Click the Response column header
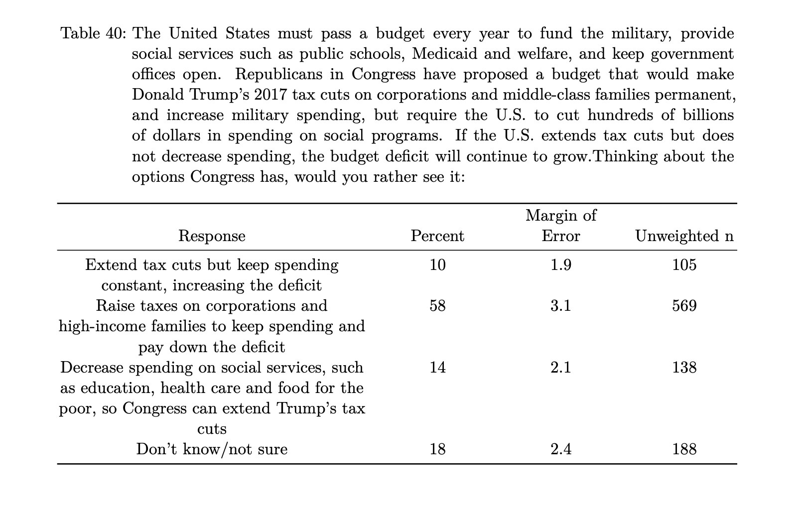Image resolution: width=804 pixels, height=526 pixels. coord(212,236)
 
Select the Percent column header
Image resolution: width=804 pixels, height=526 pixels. coord(437,236)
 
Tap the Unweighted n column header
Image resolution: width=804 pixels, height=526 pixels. coord(684,236)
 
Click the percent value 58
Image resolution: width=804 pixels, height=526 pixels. coord(437,306)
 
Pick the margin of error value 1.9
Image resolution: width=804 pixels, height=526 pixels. coord(560,265)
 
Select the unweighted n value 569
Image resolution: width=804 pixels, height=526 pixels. coord(684,306)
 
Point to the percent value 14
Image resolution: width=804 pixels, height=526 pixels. coord(437,368)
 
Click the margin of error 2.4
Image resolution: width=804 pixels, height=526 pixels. coord(560,449)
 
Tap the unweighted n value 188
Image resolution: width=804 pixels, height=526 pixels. coord(684,449)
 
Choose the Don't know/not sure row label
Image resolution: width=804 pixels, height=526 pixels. coord(212,449)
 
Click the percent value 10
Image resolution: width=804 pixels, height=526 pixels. coord(437,265)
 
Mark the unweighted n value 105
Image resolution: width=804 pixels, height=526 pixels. coord(684,265)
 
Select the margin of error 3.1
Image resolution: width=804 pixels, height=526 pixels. coord(560,306)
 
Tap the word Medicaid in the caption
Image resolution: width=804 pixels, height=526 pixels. coord(444,54)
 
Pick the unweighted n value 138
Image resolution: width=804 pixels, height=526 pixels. coord(684,368)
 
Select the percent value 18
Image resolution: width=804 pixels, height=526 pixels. coord(437,449)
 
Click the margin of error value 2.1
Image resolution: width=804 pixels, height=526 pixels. coord(560,368)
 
